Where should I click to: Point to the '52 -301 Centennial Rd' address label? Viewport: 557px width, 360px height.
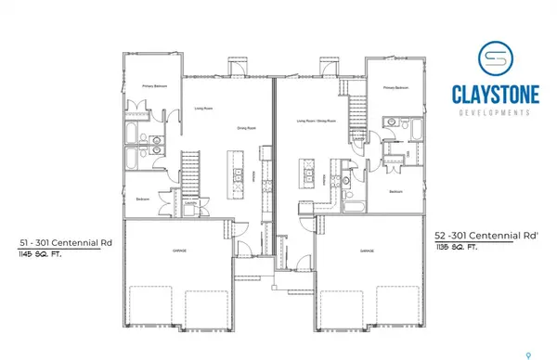point(478,237)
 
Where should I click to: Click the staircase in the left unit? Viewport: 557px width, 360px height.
point(191,172)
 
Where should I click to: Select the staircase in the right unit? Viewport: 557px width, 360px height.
point(356,109)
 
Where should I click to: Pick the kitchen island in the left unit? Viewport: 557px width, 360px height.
point(239,176)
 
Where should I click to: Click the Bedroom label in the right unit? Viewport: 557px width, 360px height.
point(395,191)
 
